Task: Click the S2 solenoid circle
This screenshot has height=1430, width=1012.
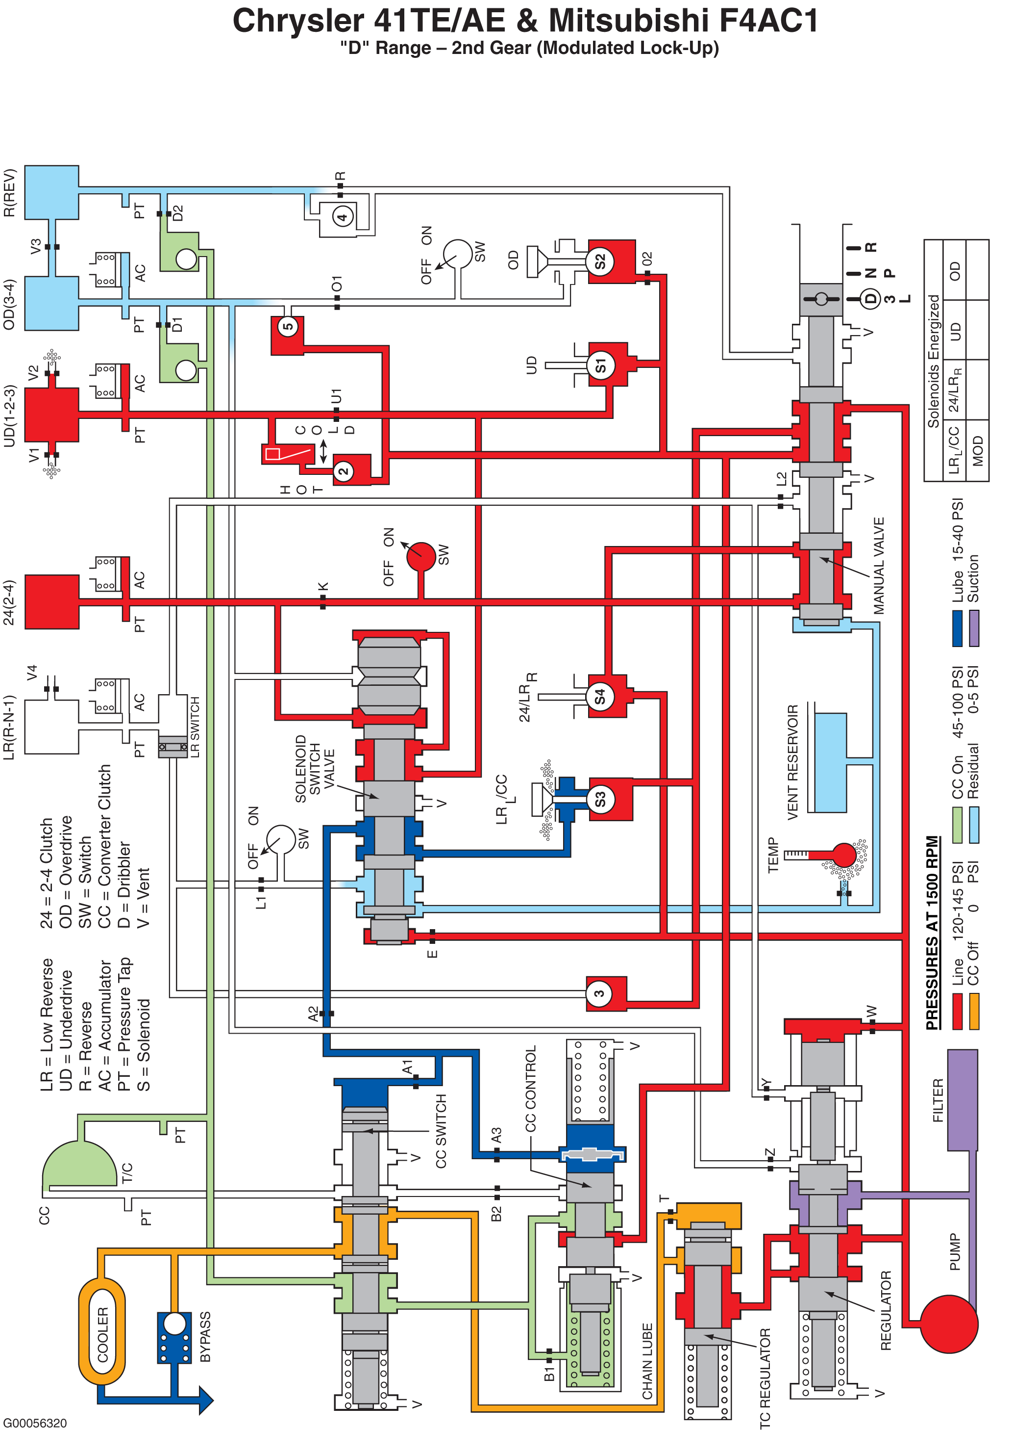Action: pyautogui.click(x=599, y=261)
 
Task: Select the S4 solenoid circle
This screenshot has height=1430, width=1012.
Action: pyautogui.click(x=599, y=696)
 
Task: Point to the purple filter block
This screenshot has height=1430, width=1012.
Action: pyautogui.click(x=963, y=1100)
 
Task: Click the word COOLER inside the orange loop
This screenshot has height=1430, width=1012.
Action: pyautogui.click(x=103, y=1334)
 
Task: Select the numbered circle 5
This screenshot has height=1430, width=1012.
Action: pyautogui.click(x=288, y=326)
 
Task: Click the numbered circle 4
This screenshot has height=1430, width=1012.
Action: pyautogui.click(x=342, y=217)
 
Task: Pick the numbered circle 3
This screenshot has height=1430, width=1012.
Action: pyautogui.click(x=599, y=993)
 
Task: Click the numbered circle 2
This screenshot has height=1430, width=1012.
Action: pyautogui.click(x=344, y=471)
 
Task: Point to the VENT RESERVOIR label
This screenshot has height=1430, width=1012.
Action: pyautogui.click(x=792, y=762)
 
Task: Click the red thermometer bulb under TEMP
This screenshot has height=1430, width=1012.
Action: pyautogui.click(x=844, y=855)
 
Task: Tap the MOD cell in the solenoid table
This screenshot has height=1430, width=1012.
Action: pyautogui.click(x=977, y=451)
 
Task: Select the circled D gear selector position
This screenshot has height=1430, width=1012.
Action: pyautogui.click(x=870, y=299)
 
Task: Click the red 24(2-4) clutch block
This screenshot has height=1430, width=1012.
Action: pyautogui.click(x=52, y=602)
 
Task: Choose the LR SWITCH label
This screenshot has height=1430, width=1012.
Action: pyautogui.click(x=195, y=727)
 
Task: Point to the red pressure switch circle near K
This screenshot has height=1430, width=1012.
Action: pyautogui.click(x=421, y=557)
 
